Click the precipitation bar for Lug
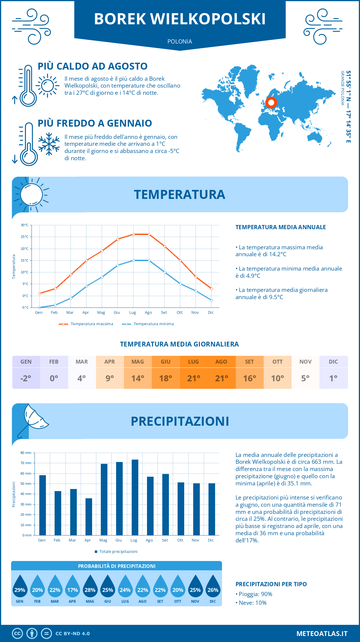click(135, 497)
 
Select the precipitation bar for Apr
click(89, 517)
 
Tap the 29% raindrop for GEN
click(20, 587)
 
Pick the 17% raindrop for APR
click(73, 587)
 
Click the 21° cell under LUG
click(193, 378)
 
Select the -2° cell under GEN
click(26, 378)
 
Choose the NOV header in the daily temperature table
click(305, 362)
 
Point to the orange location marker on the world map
click(271, 103)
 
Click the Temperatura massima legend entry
click(86, 324)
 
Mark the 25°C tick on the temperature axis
click(25, 237)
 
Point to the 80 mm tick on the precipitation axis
click(26, 453)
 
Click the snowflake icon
click(49, 144)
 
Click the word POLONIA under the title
click(180, 41)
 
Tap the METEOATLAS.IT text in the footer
click(322, 633)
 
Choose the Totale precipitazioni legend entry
click(116, 551)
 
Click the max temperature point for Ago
click(149, 234)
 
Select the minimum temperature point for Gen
click(40, 307)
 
